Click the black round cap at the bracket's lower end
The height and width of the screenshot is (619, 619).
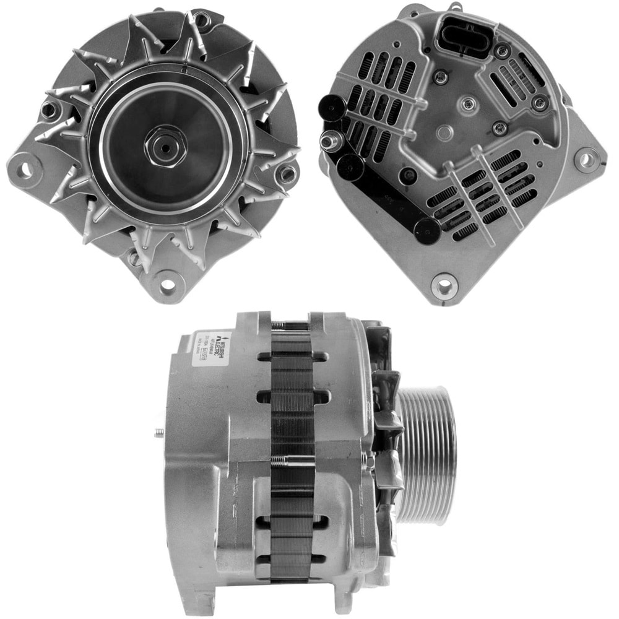point(427,231)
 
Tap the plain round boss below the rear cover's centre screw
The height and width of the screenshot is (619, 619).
point(444,132)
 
